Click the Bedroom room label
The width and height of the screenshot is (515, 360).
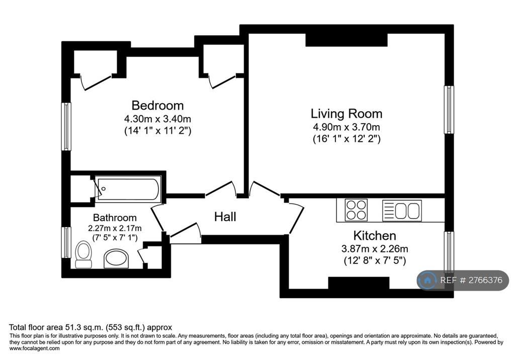157,106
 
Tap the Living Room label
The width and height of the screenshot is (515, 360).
347,114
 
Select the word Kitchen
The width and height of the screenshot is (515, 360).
375,235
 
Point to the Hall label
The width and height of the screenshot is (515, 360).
225,217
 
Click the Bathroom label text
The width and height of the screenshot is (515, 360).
115,217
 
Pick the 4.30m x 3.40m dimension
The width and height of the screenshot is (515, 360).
157,119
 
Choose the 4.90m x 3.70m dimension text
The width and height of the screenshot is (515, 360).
347,127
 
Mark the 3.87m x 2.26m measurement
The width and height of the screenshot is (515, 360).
375,249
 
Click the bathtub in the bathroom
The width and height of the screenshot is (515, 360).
128,189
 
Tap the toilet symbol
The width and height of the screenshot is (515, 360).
83,254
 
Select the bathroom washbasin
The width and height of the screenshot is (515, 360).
116,258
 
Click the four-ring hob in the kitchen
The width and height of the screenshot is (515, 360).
356,210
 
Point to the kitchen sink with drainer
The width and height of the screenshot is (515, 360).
402,211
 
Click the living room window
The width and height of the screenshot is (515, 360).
449,110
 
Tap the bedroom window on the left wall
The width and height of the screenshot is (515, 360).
66,127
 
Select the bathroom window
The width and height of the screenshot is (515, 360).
66,243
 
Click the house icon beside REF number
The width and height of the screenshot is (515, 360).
427,280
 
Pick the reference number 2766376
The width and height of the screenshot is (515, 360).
485,280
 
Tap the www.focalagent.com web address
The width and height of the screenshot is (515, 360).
35,348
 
